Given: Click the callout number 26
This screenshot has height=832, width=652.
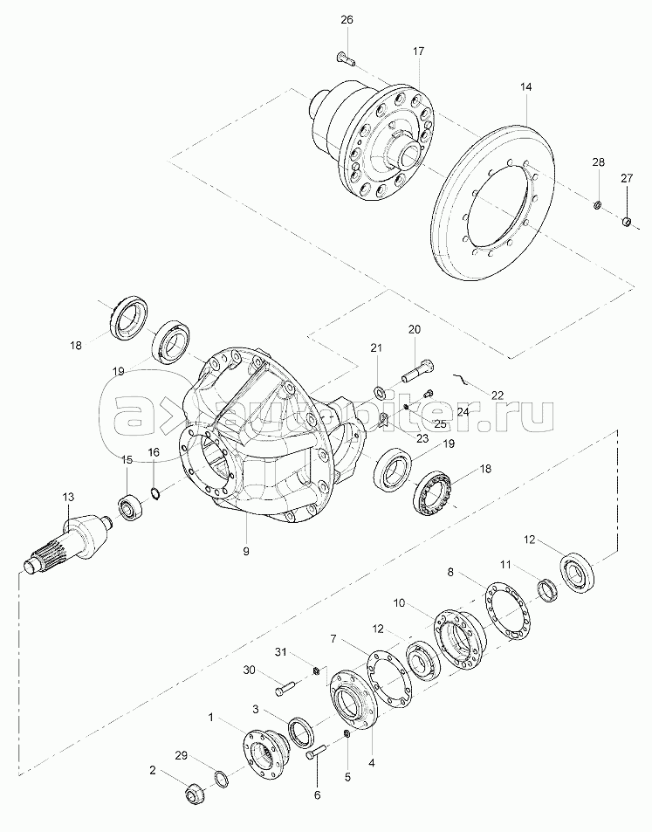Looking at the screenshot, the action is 347,20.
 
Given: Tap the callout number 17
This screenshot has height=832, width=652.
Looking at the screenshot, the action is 419,52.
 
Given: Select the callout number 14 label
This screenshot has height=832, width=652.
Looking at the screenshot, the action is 525,86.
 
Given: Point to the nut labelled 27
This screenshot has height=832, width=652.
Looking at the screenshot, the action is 627,222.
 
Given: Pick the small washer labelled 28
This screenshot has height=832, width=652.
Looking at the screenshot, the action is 597,204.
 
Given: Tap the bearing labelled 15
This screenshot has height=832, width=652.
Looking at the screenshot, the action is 128,508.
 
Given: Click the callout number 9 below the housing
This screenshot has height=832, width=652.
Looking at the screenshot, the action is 245,551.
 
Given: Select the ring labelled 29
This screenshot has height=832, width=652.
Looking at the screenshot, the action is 222,780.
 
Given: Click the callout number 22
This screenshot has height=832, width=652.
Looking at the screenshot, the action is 498,395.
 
